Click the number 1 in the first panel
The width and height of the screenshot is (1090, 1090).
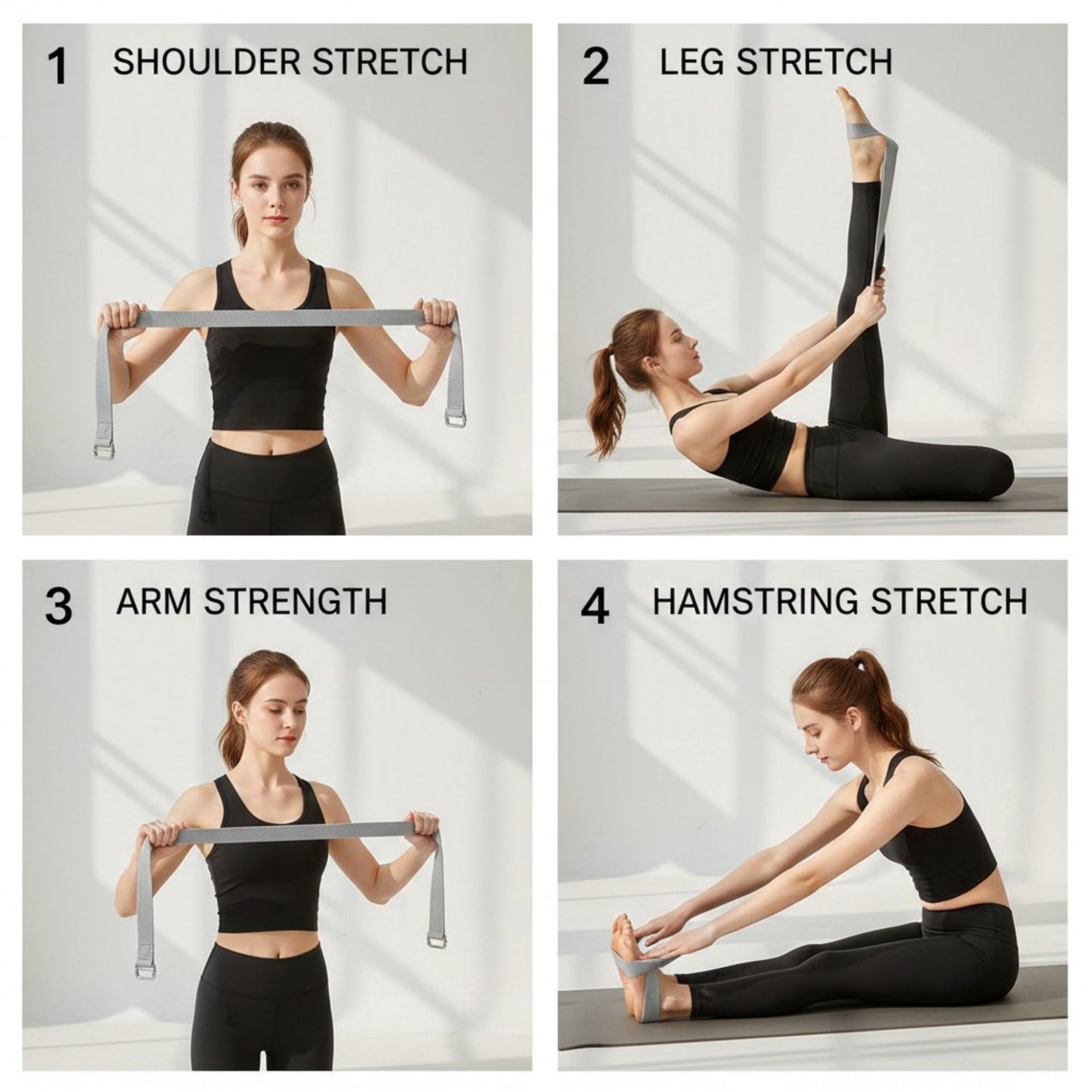pos(57,66)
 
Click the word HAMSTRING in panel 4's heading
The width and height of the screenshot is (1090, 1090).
pos(756,602)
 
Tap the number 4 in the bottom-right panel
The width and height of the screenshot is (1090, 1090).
pos(595,606)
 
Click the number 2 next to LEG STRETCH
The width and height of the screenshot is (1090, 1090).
pos(596,66)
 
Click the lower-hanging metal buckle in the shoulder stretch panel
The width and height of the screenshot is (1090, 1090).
pos(104,451)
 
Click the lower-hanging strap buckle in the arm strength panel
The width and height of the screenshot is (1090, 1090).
pos(145,971)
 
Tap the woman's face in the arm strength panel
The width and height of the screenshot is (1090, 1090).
pos(274,717)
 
